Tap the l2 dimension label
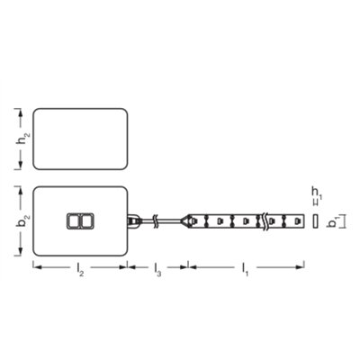click(81, 270)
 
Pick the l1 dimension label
click(245, 270)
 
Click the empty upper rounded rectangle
click(79, 139)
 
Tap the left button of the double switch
click(73, 220)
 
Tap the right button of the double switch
click(85, 220)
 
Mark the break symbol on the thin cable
click(158, 220)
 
